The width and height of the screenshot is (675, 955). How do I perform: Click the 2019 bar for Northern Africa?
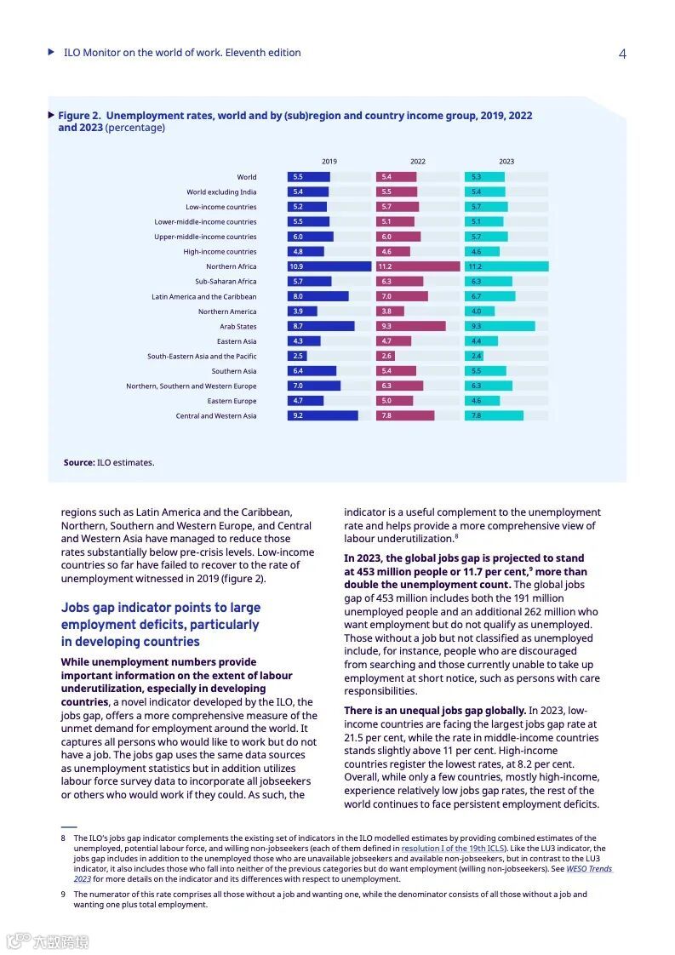point(329,266)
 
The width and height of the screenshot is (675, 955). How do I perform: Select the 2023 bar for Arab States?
point(500,326)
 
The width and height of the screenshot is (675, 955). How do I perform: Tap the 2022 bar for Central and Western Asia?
point(405,415)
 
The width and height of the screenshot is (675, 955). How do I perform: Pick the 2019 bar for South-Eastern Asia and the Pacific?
point(297,356)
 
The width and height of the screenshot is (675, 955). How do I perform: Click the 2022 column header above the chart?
point(418,161)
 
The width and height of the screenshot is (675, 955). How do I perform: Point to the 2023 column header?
point(506,161)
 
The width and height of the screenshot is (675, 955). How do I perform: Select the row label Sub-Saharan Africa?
point(226,282)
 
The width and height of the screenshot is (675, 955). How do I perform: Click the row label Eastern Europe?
point(232,401)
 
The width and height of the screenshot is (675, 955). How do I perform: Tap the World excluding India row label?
point(221,192)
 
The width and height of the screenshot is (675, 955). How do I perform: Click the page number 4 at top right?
point(622,54)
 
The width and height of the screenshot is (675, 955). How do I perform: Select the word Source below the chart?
point(79,463)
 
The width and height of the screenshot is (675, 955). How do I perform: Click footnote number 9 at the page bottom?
point(63,895)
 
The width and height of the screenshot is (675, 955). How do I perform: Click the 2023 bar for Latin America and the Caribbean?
point(489,296)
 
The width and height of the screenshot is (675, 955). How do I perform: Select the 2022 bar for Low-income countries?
point(398,207)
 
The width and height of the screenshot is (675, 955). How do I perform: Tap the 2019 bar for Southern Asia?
point(312,371)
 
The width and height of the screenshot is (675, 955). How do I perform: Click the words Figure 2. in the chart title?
point(79,115)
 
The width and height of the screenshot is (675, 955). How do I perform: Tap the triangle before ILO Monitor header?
point(52,52)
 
